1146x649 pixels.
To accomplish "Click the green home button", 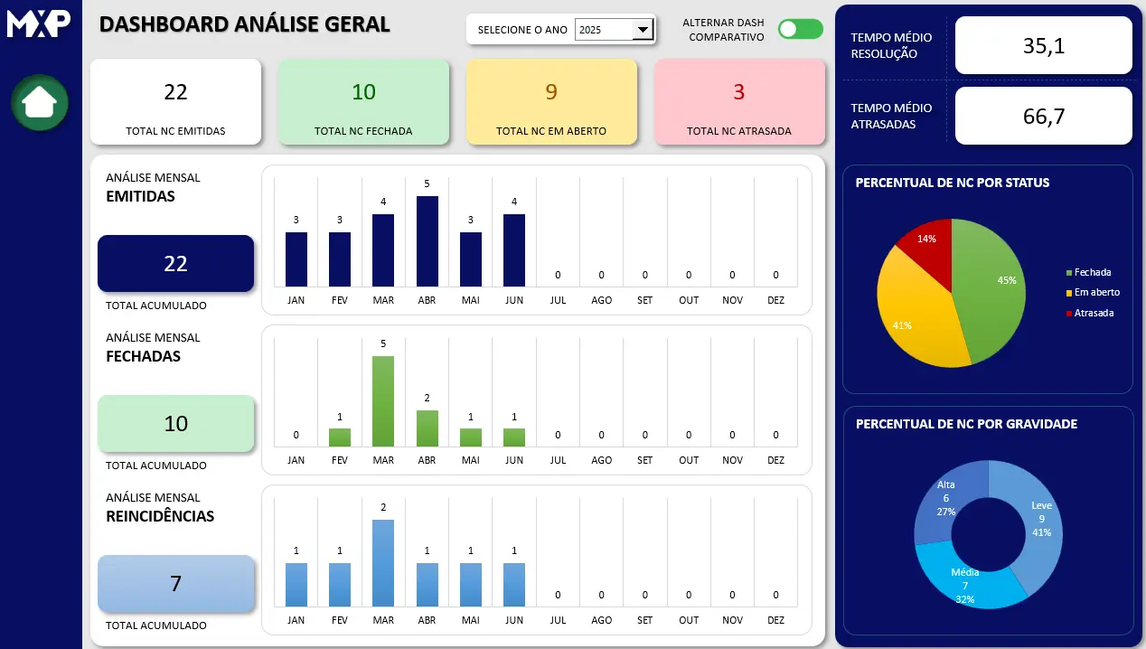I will pyautogui.click(x=40, y=103).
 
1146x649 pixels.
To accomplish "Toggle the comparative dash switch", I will pyautogui.click(x=800, y=29).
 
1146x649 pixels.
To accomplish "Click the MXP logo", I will pyautogui.click(x=39, y=23).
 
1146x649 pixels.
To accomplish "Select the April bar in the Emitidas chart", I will pyautogui.click(x=427, y=240).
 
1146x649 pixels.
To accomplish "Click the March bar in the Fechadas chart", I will pyautogui.click(x=383, y=400).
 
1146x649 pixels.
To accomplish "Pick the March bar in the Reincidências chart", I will pyautogui.click(x=383, y=562).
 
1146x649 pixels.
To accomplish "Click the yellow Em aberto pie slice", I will pyautogui.click(x=908, y=312).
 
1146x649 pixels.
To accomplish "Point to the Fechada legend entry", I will pyautogui.click(x=1092, y=272).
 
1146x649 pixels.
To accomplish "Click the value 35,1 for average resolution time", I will pyautogui.click(x=1043, y=45).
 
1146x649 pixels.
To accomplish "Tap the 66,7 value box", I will pyautogui.click(x=1043, y=116).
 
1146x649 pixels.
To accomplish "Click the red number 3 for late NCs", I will pyautogui.click(x=738, y=92).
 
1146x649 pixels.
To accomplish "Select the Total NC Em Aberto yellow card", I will pyautogui.click(x=550, y=101).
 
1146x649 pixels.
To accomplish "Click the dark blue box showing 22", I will pyautogui.click(x=175, y=263).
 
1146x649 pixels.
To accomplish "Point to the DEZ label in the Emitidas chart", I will pyautogui.click(x=775, y=300).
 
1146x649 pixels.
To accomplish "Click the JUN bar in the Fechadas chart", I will pyautogui.click(x=514, y=437).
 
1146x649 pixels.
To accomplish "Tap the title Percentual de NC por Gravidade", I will pyautogui.click(x=966, y=424).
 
